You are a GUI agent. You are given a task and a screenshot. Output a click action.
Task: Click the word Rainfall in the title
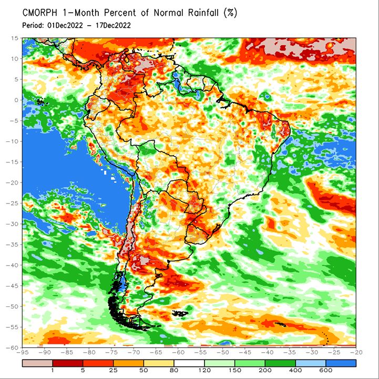[203, 13]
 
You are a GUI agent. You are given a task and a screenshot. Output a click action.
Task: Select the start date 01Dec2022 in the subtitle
[65, 25]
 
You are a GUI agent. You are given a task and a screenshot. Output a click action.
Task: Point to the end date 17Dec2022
[113, 25]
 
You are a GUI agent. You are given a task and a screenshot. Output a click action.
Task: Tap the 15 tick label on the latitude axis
[15, 38]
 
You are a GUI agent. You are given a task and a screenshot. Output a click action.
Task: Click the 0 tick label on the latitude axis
[16, 100]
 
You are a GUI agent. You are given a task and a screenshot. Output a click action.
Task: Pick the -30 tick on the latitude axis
[12, 224]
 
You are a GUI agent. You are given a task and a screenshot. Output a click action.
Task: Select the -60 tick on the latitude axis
[12, 347]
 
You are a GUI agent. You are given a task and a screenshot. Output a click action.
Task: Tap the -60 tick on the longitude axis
[178, 353]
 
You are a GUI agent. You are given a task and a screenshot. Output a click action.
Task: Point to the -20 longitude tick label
[356, 353]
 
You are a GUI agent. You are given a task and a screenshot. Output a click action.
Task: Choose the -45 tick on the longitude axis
[245, 353]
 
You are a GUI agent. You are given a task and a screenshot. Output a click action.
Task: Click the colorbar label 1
[53, 370]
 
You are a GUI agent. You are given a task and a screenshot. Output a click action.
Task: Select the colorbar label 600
[325, 370]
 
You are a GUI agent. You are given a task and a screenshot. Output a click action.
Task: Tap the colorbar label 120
[204, 370]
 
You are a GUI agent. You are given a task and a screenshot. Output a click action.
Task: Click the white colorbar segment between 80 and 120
[189, 363]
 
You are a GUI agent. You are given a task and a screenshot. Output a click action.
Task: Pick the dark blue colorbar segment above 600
[341, 363]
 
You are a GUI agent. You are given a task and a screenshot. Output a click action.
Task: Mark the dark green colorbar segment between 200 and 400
[280, 363]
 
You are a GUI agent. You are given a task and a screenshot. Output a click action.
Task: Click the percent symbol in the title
[230, 13]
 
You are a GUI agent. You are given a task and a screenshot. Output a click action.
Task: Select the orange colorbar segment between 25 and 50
[129, 363]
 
